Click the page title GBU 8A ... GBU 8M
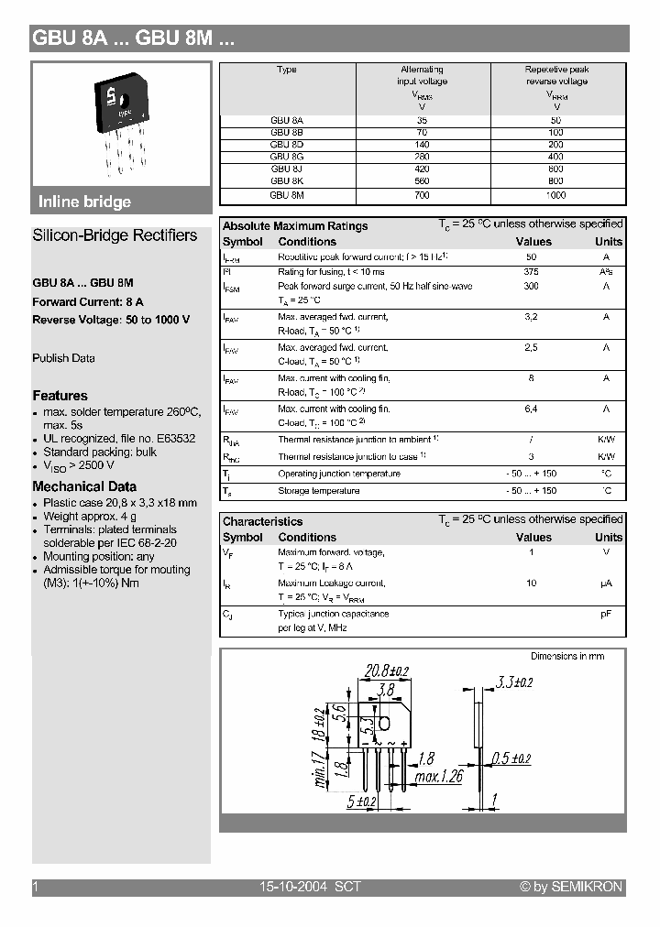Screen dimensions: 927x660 (x=134, y=38)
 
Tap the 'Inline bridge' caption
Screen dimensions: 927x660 (x=84, y=202)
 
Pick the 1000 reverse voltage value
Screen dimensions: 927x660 (x=556, y=195)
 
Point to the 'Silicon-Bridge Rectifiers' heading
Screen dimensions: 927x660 (x=115, y=235)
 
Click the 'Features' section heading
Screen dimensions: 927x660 (x=60, y=396)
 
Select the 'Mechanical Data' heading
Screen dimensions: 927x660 (x=84, y=486)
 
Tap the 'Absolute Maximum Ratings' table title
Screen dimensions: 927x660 (x=295, y=226)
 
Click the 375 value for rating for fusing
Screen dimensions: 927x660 (x=531, y=272)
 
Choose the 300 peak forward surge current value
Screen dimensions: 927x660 (x=531, y=287)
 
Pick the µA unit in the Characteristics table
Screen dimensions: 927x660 (x=606, y=583)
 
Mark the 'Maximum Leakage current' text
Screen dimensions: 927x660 (x=331, y=583)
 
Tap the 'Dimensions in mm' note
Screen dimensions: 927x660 (x=566, y=657)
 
